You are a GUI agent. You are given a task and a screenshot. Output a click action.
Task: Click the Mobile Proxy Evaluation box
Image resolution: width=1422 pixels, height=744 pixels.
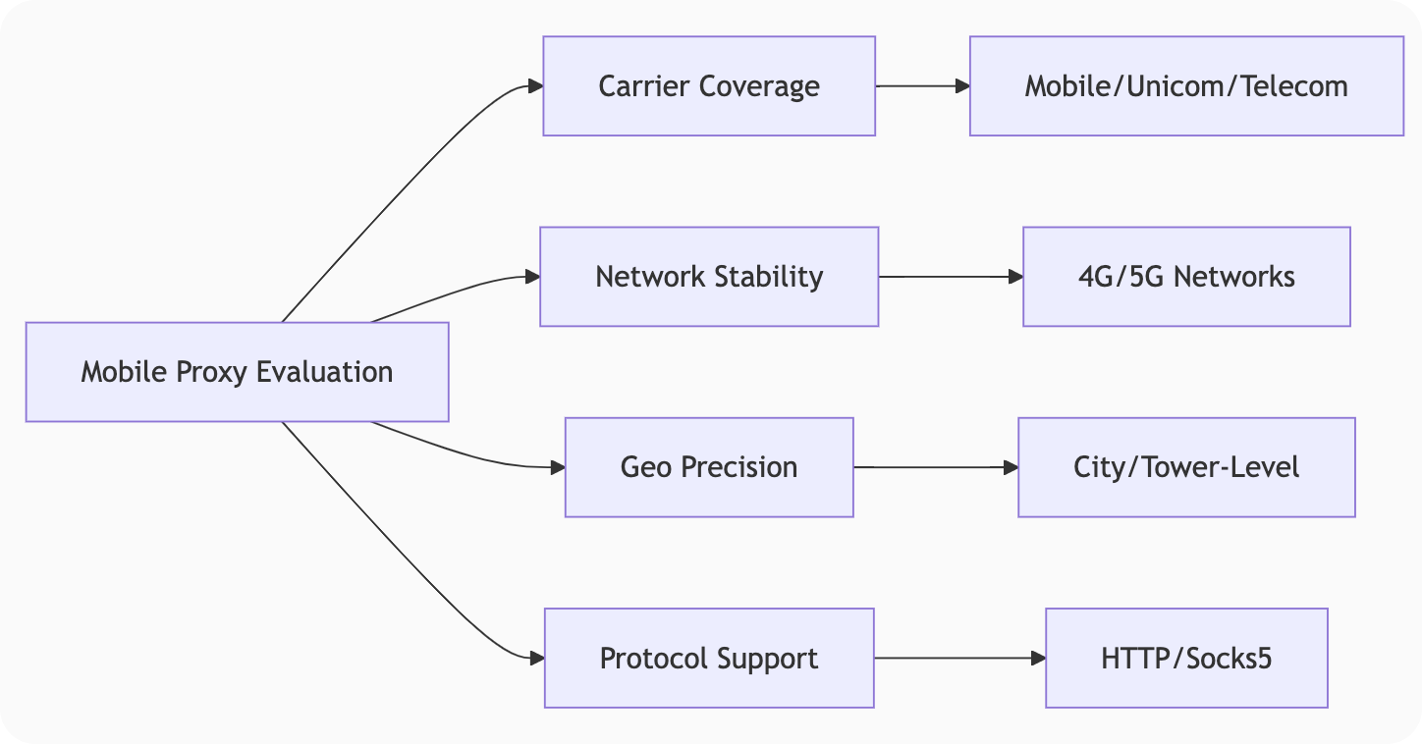coord(237,372)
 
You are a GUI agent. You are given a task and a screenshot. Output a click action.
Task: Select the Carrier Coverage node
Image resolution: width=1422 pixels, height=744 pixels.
coord(709,86)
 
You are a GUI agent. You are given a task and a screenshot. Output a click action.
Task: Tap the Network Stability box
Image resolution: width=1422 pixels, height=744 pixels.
coord(709,277)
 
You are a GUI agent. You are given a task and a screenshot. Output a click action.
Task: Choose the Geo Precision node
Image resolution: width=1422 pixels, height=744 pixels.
coord(709,467)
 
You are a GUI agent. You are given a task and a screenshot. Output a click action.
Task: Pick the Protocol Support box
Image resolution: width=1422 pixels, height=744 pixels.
coord(709,658)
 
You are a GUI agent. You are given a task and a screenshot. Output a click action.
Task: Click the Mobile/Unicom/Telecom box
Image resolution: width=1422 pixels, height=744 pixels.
coord(1186,86)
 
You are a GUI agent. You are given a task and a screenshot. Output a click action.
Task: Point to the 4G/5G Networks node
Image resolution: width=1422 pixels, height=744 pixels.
coord(1186,277)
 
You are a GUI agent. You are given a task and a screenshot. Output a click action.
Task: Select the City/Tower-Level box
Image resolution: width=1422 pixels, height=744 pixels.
coord(1186,467)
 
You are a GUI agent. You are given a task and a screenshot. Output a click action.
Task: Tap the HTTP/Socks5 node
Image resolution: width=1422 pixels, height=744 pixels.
coord(1186,658)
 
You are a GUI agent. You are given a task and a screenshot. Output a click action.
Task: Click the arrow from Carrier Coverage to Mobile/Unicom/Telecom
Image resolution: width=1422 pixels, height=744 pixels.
coord(922,86)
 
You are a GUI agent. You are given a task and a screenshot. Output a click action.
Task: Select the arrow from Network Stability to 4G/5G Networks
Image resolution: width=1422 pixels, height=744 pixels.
coord(950,277)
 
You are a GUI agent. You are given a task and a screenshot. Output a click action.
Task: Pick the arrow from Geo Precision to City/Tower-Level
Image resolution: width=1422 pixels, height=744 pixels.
coord(935,467)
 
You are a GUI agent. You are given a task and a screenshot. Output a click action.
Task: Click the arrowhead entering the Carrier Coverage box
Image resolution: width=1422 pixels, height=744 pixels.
coord(535,86)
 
